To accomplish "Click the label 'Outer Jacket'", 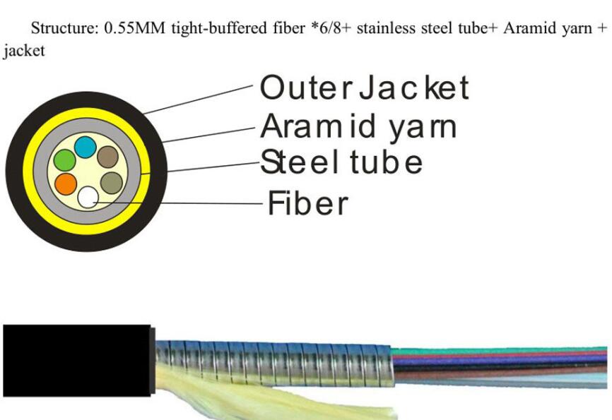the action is [x=364, y=88].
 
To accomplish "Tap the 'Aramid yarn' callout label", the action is [x=358, y=126].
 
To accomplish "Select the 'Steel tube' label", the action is [x=341, y=162].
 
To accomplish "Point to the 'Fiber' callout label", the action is [x=307, y=203].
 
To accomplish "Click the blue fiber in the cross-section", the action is [x=86, y=147].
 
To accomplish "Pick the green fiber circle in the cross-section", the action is [x=64, y=160].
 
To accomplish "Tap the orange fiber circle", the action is [x=66, y=184].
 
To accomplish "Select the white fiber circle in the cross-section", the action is [x=88, y=197].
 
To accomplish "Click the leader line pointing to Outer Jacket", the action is [x=198, y=100].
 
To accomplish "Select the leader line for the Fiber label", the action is [x=178, y=203].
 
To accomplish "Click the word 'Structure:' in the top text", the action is [x=65, y=28].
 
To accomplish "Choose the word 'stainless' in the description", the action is [x=386, y=28].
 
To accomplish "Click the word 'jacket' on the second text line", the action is [x=24, y=51].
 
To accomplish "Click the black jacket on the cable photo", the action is [x=77, y=361].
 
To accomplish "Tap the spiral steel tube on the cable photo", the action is [x=273, y=363].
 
